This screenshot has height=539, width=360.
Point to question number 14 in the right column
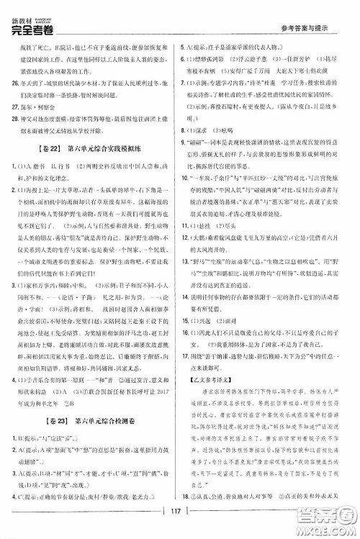pyautogui.click(x=189, y=299)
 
